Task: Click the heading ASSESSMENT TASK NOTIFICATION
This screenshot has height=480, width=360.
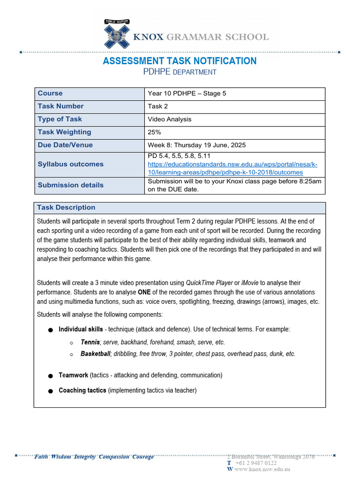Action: pyautogui.click(x=180, y=61)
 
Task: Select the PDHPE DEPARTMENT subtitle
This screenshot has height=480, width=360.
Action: pyautogui.click(x=180, y=72)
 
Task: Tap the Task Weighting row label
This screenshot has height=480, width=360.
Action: pyautogui.click(x=64, y=132)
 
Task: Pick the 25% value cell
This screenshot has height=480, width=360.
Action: pyautogui.click(x=156, y=132)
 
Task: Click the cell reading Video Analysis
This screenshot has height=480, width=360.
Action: pyautogui.click(x=169, y=119)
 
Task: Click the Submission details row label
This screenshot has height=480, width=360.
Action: pyautogui.click(x=70, y=185)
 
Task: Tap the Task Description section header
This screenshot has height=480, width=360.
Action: pyautogui.click(x=66, y=208)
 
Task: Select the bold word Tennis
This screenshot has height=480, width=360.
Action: pyautogui.click(x=90, y=342)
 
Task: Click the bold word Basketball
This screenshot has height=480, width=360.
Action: pyautogui.click(x=95, y=354)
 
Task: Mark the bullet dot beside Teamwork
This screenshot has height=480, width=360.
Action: pyautogui.click(x=50, y=376)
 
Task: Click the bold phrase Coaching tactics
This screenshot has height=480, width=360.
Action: pyautogui.click(x=82, y=390)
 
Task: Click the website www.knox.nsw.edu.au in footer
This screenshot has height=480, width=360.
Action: pyautogui.click(x=262, y=469)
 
